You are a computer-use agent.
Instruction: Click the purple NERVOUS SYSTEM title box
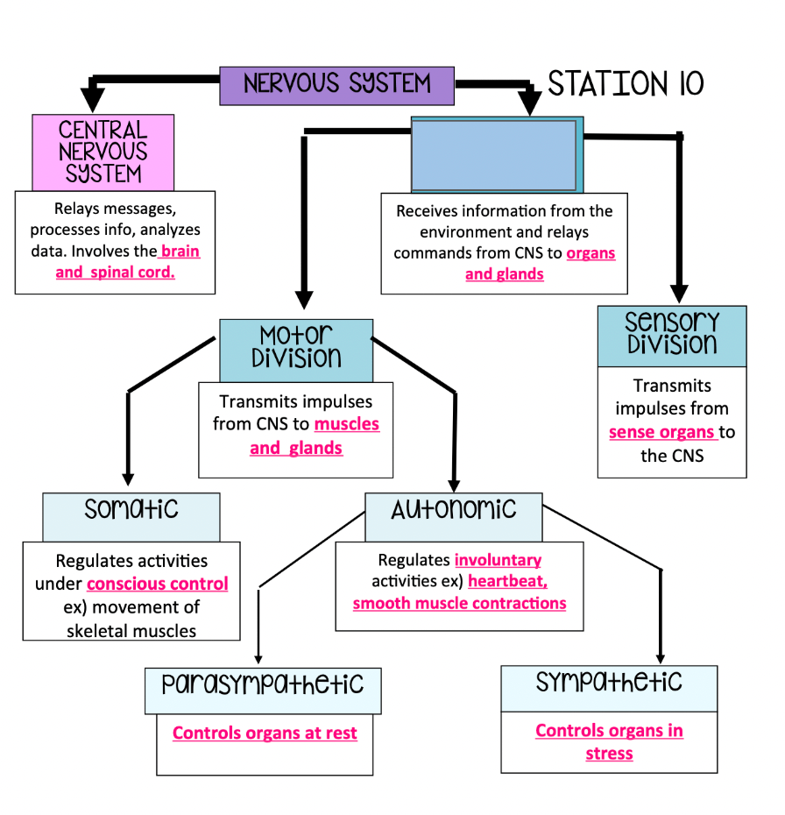[x=336, y=85]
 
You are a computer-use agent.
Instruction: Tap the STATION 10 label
[x=626, y=84]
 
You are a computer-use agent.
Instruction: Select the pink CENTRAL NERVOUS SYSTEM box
[x=103, y=152]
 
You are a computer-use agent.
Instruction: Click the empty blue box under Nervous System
[x=496, y=155]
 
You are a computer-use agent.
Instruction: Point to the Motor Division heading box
[x=296, y=348]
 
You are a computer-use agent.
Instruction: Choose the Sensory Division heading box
[x=672, y=335]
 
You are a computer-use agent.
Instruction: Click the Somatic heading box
[x=131, y=516]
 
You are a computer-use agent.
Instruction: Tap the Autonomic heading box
[x=453, y=516]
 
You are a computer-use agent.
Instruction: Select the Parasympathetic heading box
[x=263, y=690]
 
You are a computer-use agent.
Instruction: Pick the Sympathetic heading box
[x=609, y=687]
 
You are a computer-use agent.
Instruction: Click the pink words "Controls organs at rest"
[x=265, y=733]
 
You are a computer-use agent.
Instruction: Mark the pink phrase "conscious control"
[x=158, y=584]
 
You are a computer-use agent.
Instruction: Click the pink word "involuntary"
[x=498, y=560]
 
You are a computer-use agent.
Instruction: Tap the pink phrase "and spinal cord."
[x=115, y=273]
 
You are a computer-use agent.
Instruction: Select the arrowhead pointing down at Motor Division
[x=304, y=299]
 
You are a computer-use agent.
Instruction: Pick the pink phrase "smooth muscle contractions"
[x=459, y=604]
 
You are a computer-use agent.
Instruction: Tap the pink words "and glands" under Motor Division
[x=296, y=449]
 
